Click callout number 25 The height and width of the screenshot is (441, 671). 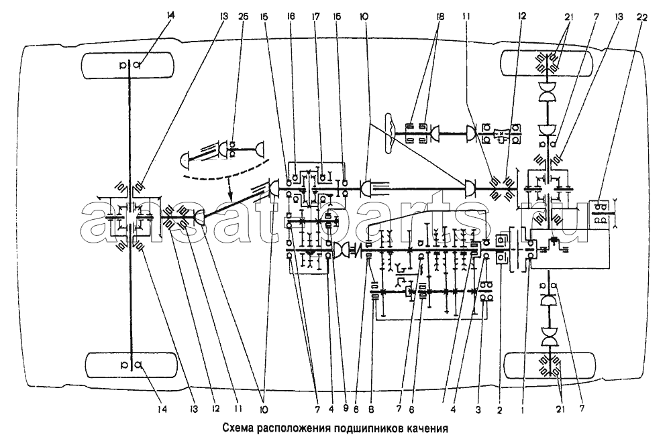pos(243,17)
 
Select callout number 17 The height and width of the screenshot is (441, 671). pos(316,17)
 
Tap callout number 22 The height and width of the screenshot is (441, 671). pos(642,17)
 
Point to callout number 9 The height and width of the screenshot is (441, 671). pos(346,409)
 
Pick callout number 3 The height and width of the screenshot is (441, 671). pos(479,409)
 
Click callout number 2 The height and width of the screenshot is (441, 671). pos(500,409)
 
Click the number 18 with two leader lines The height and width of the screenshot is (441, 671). pos(440,17)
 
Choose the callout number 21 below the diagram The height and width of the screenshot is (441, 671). pos(560,409)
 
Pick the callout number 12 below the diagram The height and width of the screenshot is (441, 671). pos(215,409)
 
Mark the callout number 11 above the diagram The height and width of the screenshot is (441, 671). pos(466,17)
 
